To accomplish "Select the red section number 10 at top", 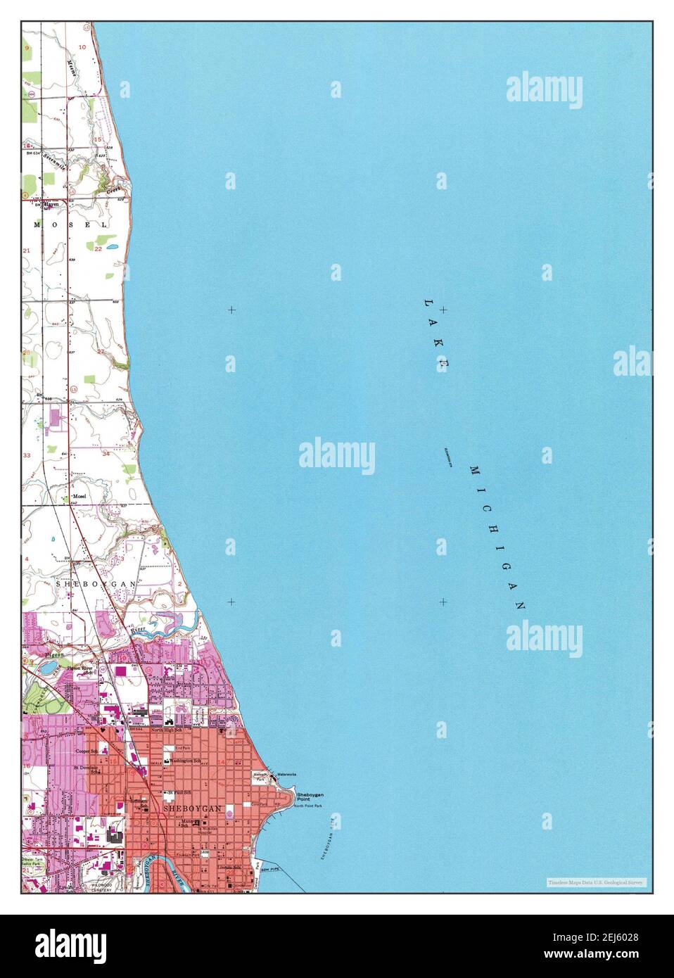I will pyautogui.click(x=82, y=46).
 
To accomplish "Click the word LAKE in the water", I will pyautogui.click(x=435, y=334).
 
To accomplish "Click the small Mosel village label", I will pyautogui.click(x=77, y=496).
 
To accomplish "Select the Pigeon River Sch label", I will pyautogui.click(x=80, y=669).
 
